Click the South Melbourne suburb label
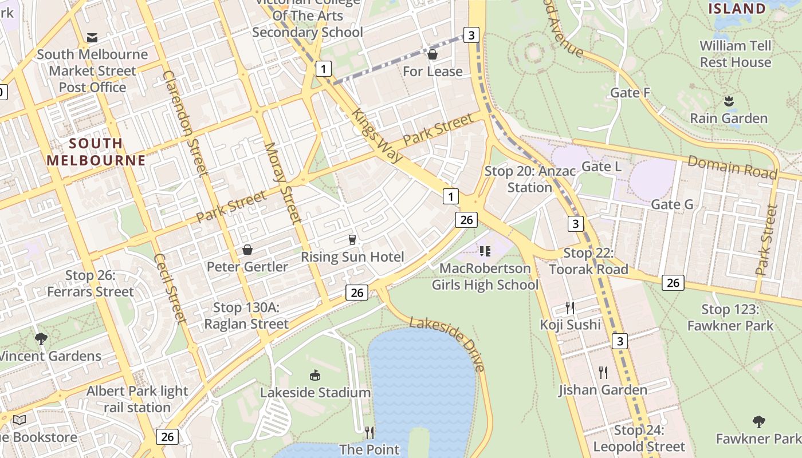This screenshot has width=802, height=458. (96, 152)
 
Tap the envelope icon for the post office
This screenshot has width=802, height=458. (92, 38)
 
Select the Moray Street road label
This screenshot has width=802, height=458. (282, 182)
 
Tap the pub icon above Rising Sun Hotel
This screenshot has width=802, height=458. (353, 240)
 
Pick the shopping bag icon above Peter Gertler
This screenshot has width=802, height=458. (247, 250)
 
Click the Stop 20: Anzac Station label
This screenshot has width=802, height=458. (529, 179)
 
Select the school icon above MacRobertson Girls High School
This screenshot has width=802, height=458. (485, 251)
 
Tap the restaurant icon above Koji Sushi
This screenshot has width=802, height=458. (570, 308)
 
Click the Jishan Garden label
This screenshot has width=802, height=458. (603, 390)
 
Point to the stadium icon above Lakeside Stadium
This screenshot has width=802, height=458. (315, 376)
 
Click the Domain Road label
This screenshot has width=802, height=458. (732, 168)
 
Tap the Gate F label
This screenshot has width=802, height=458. (630, 93)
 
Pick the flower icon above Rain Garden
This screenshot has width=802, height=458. (729, 101)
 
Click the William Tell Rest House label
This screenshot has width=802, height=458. (736, 54)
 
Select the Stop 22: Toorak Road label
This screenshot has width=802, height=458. (588, 261)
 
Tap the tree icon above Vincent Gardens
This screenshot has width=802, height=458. (41, 339)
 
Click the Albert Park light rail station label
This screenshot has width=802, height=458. (137, 399)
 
